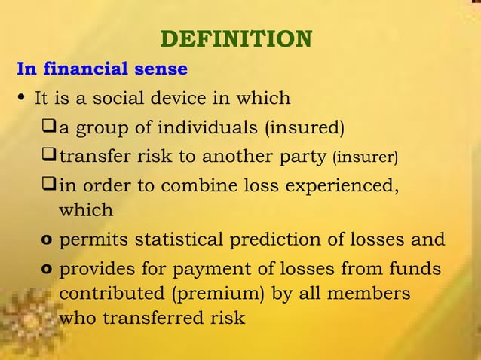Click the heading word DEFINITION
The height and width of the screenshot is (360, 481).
(237, 39)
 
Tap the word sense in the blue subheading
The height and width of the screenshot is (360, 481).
(161, 69)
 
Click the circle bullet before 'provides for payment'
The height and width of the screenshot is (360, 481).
(47, 270)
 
